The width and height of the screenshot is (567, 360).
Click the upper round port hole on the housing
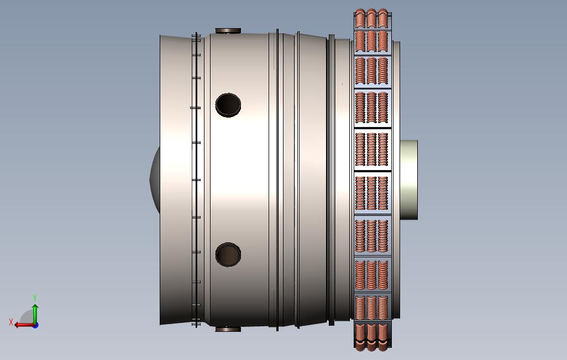coord(228,104)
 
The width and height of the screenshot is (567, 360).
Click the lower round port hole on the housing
coord(228,255)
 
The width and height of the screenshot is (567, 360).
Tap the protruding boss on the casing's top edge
coord(228,31)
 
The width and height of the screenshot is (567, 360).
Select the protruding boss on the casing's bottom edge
coord(228,329)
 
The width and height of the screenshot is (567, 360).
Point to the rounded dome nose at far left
coord(154,179)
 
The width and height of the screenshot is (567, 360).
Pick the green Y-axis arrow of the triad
coord(35,313)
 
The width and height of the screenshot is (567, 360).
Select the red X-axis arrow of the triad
coord(22,325)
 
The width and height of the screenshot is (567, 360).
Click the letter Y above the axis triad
coord(35,298)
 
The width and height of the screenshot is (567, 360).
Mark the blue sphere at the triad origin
coord(35,325)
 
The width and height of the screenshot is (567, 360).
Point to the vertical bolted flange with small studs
coord(196,179)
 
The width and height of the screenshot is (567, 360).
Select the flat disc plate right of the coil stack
coord(396,110)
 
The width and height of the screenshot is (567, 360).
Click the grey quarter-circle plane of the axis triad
coord(27,318)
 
